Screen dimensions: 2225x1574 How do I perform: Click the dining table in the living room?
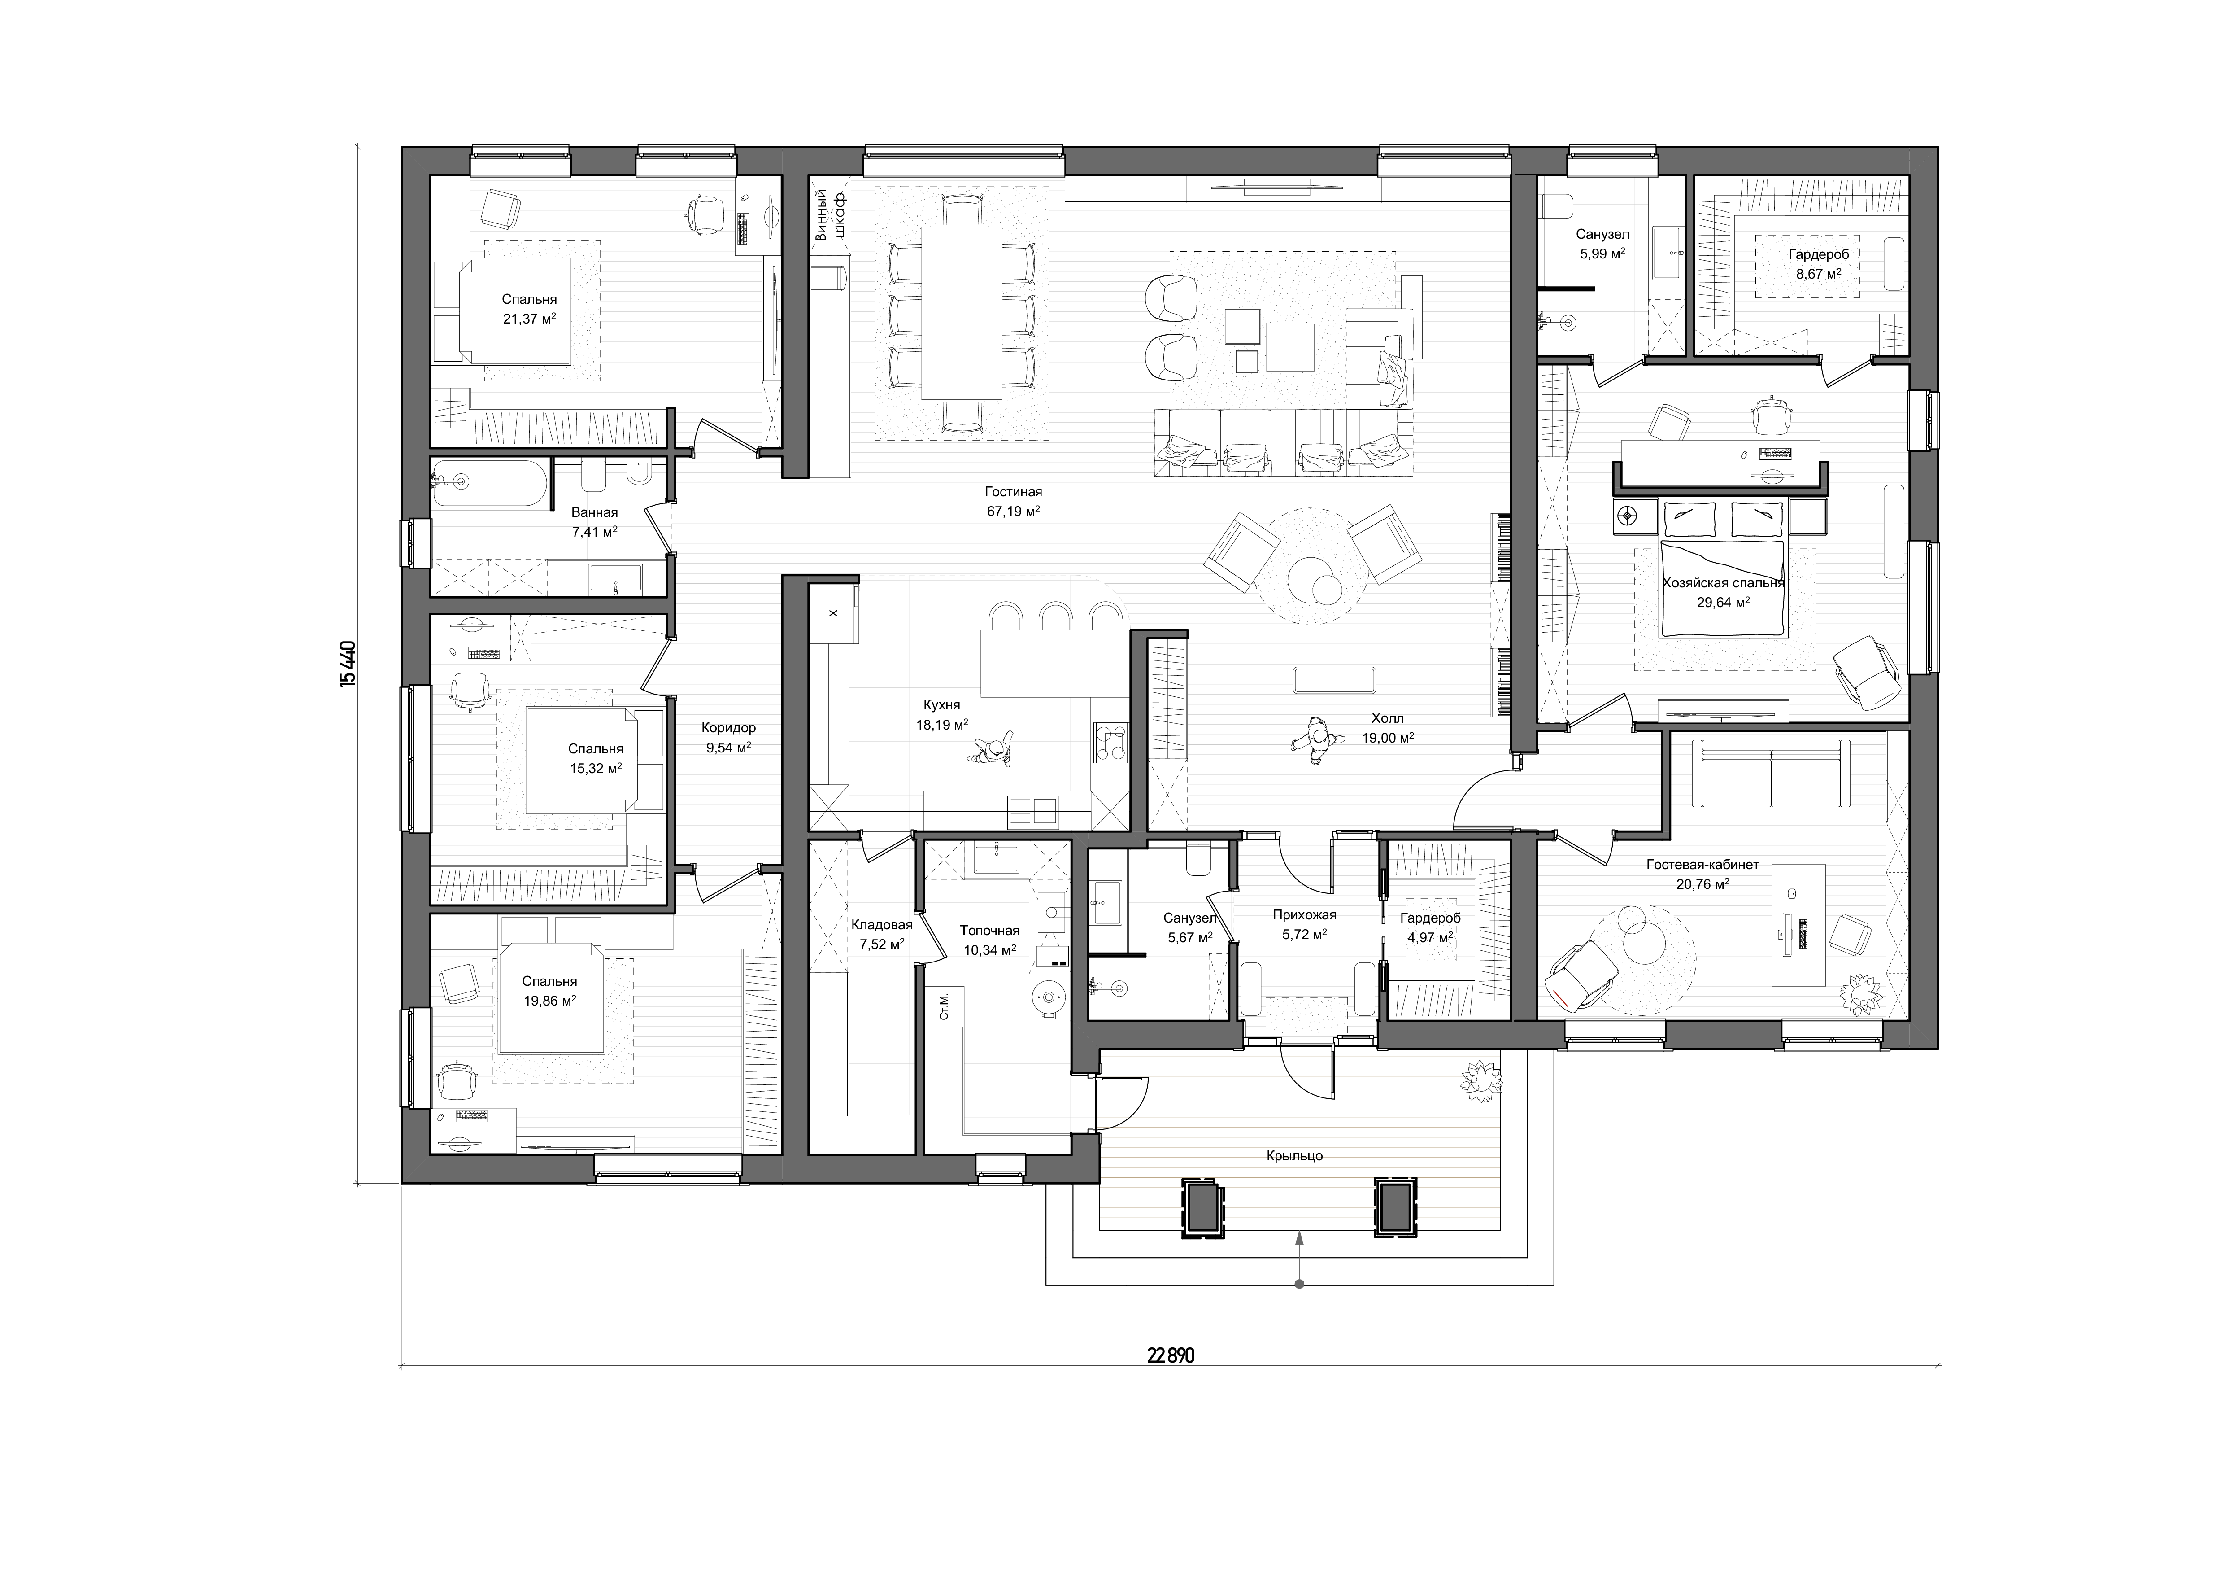(x=960, y=312)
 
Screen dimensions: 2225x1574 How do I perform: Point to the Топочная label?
(x=989, y=931)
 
